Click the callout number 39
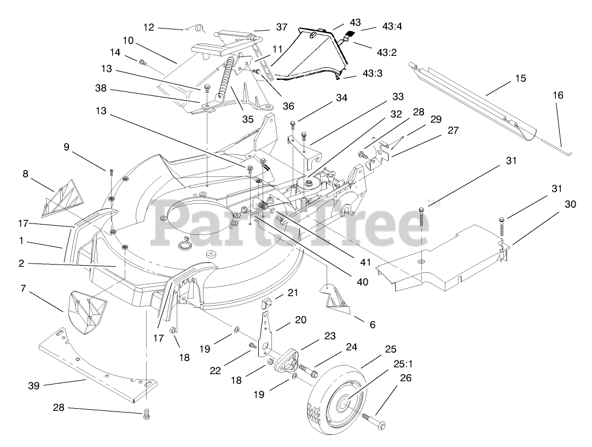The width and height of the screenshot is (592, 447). pos(34,386)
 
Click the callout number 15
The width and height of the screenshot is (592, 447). pos(520,78)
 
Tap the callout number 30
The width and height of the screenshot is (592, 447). pos(570,204)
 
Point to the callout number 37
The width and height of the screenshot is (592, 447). pos(281,27)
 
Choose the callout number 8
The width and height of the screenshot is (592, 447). pos(25,174)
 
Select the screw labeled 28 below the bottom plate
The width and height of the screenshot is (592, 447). pos(146,416)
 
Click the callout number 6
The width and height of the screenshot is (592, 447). pos(373,324)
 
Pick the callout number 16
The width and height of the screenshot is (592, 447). pos(558,95)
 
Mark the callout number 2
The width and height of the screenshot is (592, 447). pos(21,263)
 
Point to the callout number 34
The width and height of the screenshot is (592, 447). pos(342,98)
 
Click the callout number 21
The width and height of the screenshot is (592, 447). pos(293,293)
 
